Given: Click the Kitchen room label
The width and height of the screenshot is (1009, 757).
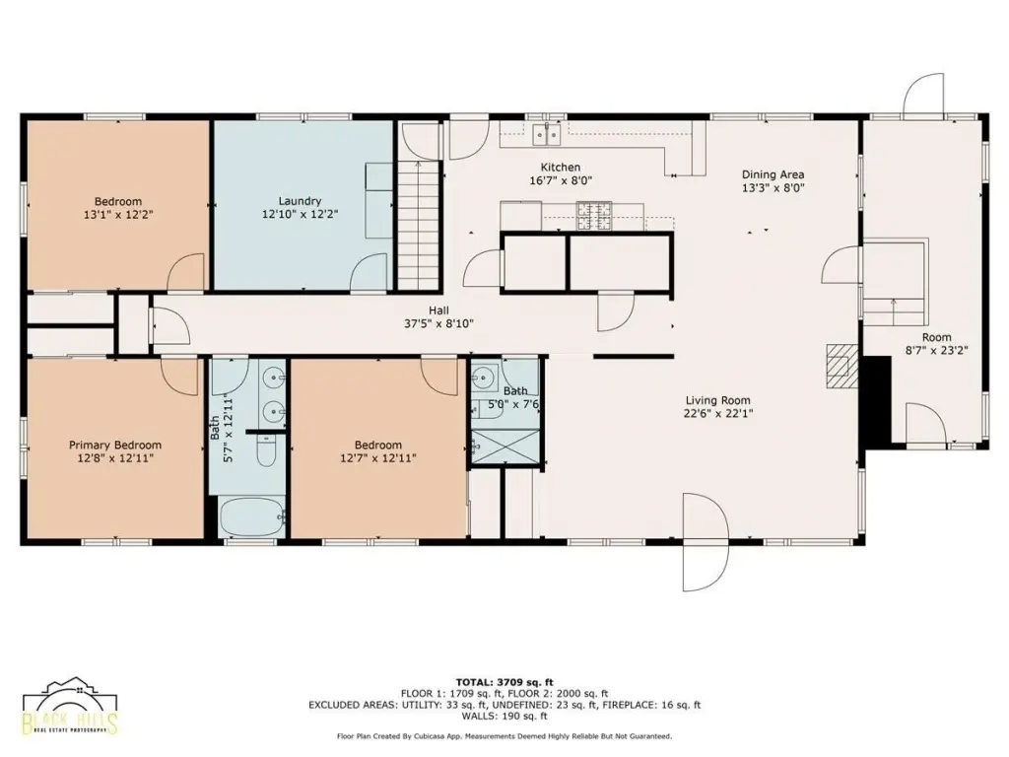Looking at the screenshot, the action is coord(560,168).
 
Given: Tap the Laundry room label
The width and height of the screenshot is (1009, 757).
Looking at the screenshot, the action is coord(300,201).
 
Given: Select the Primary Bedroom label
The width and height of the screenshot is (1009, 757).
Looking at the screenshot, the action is coord(115,445).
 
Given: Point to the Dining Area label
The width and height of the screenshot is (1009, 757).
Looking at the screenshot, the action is coord(773,174).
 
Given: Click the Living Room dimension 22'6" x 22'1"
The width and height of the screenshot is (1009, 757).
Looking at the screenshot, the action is coord(718,413).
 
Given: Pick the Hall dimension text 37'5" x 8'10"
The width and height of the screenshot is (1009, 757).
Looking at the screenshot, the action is coord(438,323).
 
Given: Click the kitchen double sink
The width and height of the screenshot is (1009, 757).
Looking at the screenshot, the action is coord(546,135).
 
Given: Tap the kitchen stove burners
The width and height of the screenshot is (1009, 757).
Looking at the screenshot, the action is coord(593,216).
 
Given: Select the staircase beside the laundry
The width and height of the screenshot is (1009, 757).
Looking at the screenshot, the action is coord(419,225).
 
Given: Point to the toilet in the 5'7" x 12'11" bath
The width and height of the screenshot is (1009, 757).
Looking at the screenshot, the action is coord(267,449).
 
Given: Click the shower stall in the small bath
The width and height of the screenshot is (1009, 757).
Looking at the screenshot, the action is coord(505,446).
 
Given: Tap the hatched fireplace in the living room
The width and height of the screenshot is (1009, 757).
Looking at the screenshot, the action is coord(842,367).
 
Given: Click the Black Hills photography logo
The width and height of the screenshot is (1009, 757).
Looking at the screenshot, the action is coord(70,706).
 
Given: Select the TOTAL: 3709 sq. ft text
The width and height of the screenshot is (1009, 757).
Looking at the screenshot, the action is coord(504,682).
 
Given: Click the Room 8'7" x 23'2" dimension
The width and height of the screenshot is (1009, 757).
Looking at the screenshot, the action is coord(937,351).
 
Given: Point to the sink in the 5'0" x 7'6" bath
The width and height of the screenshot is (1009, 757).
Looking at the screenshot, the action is coord(483,377).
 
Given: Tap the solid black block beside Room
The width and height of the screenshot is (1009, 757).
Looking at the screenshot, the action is coord(876,402).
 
